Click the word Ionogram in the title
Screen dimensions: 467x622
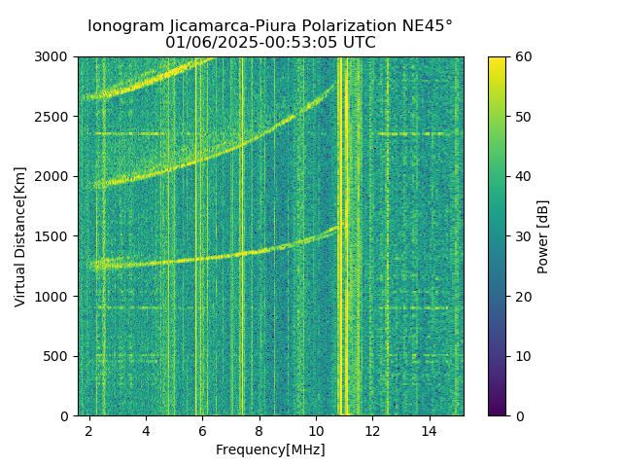click(x=126, y=26)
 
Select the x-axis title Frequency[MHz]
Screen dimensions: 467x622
click(x=270, y=449)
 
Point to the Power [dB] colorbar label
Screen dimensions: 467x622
click(x=543, y=236)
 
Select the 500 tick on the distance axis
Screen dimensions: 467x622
click(x=57, y=356)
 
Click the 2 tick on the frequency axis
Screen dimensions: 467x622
click(x=89, y=430)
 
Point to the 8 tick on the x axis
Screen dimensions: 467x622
click(x=259, y=430)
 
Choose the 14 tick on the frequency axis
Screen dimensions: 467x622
click(x=429, y=430)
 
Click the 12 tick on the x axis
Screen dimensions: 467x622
click(x=372, y=430)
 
